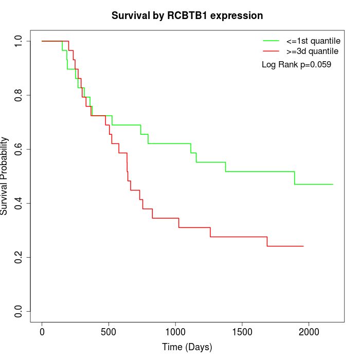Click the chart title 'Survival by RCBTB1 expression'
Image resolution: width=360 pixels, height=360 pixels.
187,15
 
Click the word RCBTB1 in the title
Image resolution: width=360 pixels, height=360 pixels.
191,15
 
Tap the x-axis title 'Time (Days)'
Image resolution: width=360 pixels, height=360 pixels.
187,347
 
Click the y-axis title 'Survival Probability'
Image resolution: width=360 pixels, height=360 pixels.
5,176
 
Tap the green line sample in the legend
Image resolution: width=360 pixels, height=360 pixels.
271,41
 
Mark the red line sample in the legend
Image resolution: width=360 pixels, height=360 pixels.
271,51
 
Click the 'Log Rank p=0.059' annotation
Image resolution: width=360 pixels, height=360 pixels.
296,65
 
